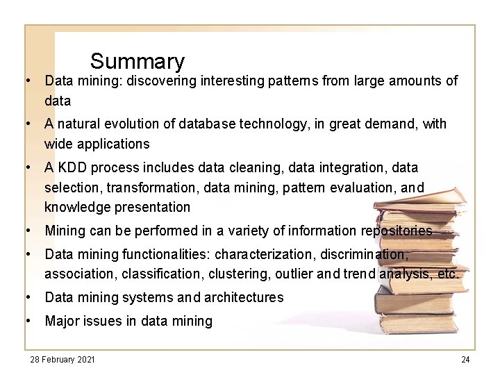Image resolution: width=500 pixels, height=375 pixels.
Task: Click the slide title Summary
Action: (x=137, y=62)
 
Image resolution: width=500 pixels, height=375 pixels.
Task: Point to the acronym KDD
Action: (x=72, y=167)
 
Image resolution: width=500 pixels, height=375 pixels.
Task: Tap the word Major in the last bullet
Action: (x=62, y=321)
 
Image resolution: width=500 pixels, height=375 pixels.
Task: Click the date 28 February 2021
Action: (x=62, y=359)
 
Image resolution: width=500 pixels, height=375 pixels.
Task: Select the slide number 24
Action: (x=465, y=359)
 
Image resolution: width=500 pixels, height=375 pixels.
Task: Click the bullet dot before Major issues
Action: (x=28, y=321)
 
